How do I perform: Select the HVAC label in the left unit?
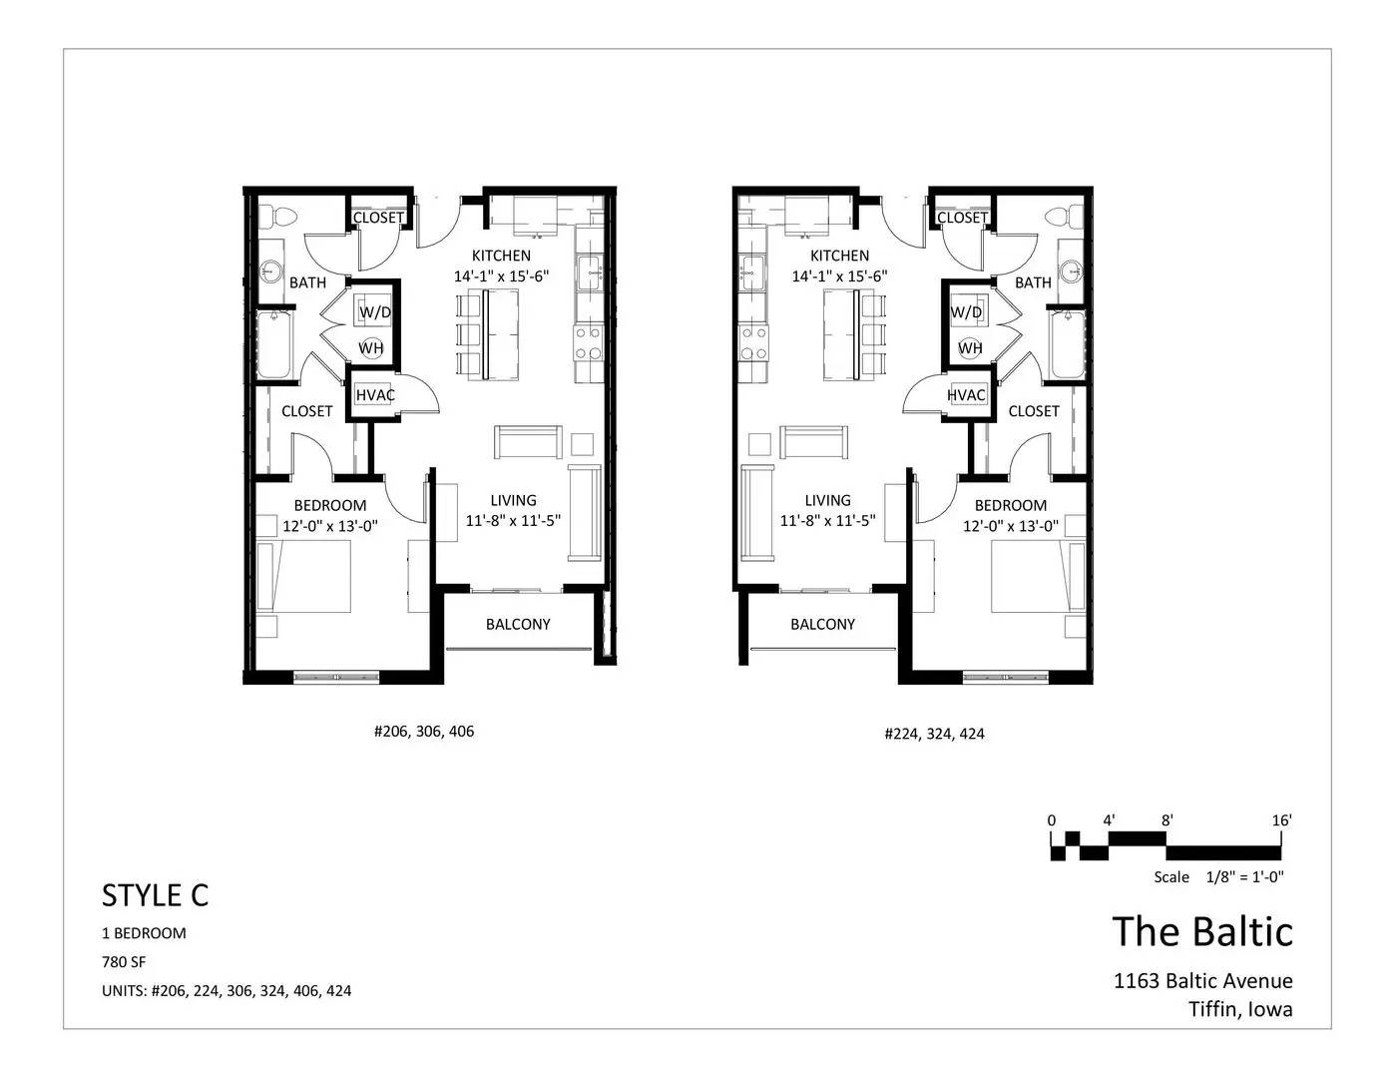pos(375,395)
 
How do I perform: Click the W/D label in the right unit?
pos(966,312)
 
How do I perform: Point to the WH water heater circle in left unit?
pos(370,347)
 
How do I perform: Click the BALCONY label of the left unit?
pos(518,624)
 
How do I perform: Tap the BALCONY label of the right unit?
pos(822,624)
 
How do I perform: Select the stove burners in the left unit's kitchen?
pos(588,342)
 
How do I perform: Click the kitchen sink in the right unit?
pos(751,272)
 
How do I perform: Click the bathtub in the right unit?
pos(1068,344)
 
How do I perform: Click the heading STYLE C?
pos(156,895)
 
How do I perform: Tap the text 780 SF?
pos(124,962)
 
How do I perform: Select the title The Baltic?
pos(1202,931)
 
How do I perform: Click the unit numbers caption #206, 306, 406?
pos(424,732)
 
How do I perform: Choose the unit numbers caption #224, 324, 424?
pos(935,734)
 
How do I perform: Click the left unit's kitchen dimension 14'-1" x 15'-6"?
pos(501,276)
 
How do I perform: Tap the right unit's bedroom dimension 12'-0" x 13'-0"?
pos(1011,526)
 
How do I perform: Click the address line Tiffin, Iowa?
pos(1240,1010)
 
